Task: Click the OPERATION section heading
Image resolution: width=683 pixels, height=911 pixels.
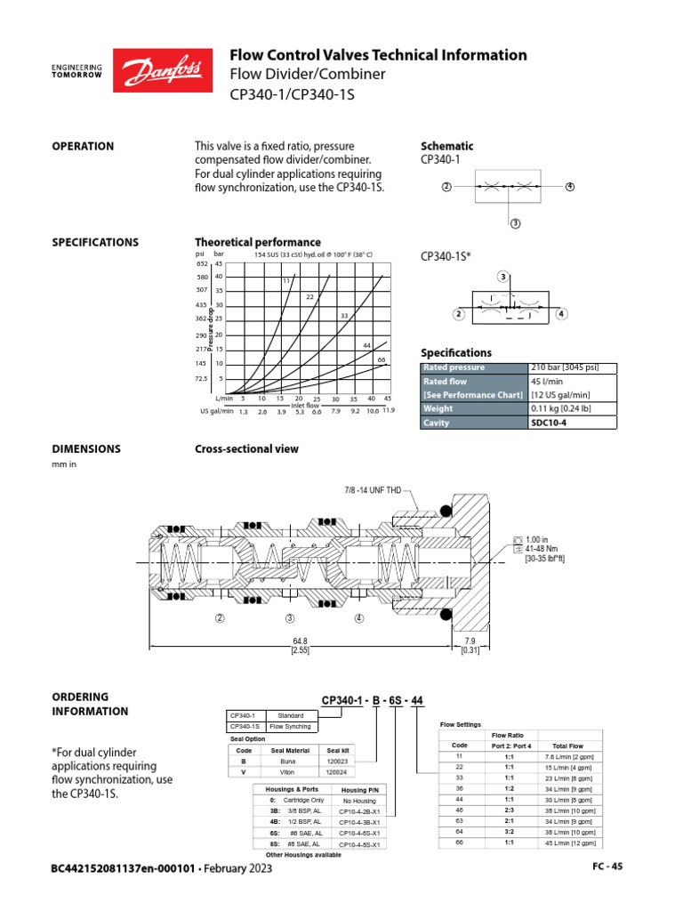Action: [83, 146]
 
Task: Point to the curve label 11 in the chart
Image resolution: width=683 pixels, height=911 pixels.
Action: [287, 281]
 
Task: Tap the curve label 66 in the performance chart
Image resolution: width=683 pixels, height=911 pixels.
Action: [381, 359]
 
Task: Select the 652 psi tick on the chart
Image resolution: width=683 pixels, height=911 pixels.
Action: [201, 263]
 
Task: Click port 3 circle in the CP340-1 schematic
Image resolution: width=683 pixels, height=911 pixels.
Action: [514, 223]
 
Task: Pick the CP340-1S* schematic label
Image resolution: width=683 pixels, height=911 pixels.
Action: [446, 257]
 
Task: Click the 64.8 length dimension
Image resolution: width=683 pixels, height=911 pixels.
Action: [299, 641]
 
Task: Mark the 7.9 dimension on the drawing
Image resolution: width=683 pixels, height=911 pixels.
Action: [469, 641]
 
